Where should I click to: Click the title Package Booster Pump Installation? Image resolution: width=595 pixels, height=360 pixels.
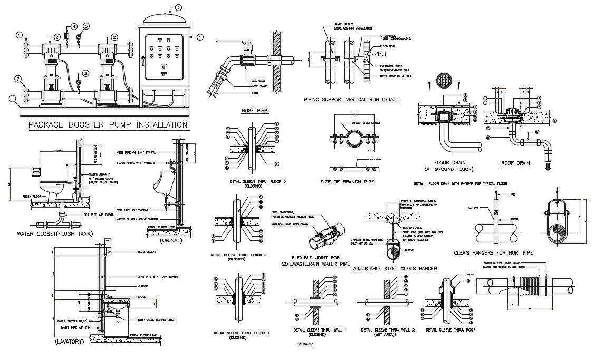click(x=107, y=125)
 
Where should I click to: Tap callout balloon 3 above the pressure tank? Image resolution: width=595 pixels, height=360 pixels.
click(x=179, y=7)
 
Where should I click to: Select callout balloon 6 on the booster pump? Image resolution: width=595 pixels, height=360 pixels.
click(x=18, y=35)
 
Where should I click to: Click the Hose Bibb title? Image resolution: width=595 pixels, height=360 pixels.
click(x=251, y=111)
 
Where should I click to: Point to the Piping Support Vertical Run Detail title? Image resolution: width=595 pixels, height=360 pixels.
click(x=350, y=99)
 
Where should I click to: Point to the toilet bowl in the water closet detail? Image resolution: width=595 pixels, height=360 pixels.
click(x=52, y=187)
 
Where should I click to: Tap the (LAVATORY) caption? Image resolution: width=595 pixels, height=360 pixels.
click(x=69, y=342)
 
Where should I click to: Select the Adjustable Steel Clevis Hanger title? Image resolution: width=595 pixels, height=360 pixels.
click(x=395, y=269)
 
